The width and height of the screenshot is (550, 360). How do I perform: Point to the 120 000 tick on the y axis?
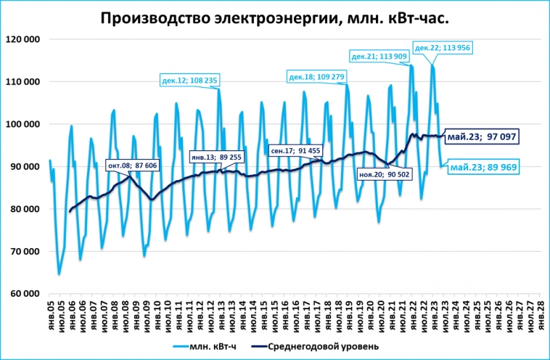[24, 39]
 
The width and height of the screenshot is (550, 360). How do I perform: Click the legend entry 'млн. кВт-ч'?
[214, 345]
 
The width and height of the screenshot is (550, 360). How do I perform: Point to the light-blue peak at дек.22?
[433, 65]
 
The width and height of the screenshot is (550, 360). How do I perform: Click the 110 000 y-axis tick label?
[24, 82]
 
